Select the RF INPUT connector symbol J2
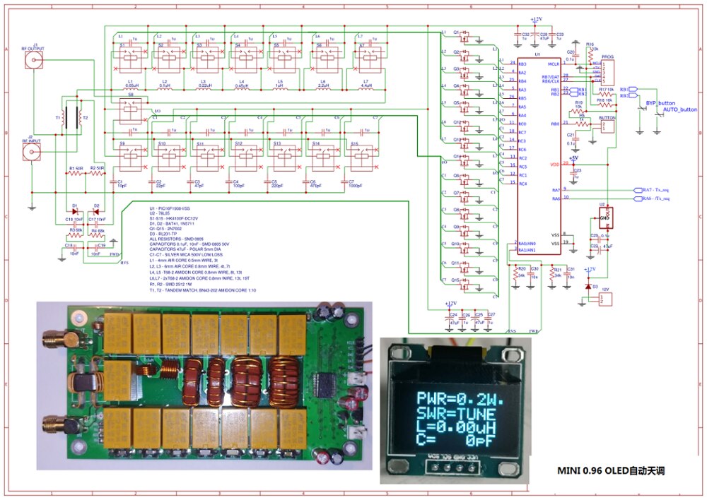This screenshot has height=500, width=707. (x=30, y=150)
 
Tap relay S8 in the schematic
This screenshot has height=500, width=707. (x=130, y=107)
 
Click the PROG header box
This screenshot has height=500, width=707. (x=608, y=71)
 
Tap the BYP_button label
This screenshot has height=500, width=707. (x=657, y=103)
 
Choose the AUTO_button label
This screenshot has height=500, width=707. (x=679, y=110)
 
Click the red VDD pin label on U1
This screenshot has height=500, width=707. (x=554, y=164)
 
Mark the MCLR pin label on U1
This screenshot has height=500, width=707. (x=554, y=64)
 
